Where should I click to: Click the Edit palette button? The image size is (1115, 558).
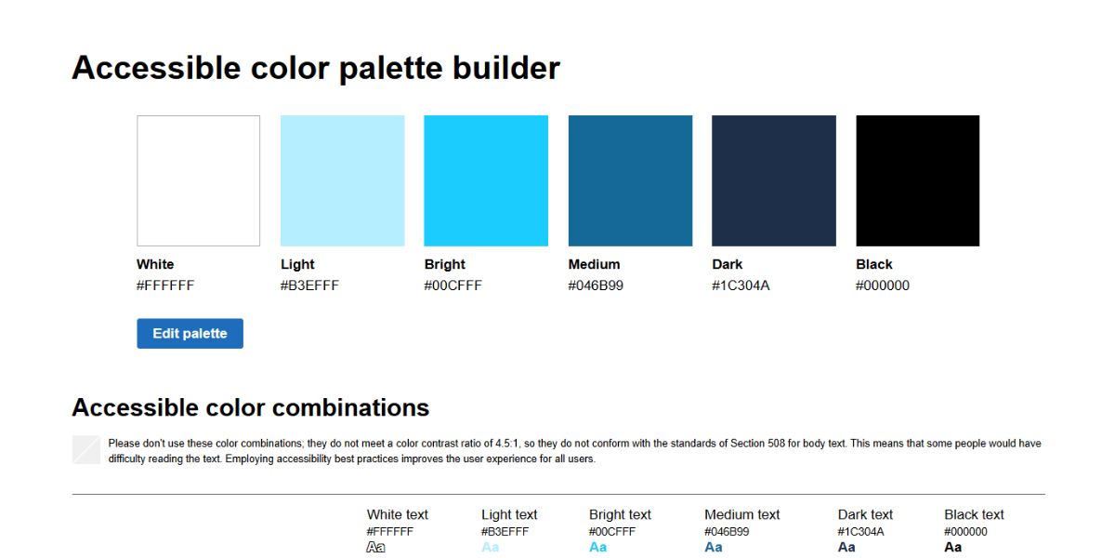(190, 334)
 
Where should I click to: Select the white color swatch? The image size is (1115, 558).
(198, 180)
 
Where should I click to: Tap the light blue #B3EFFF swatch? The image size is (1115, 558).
(342, 180)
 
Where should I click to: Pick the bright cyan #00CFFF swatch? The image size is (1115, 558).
(486, 180)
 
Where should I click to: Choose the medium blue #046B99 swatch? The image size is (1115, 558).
(630, 180)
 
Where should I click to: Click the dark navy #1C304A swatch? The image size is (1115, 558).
(773, 180)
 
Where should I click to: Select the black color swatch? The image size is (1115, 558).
(917, 180)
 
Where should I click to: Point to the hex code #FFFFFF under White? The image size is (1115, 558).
(165, 286)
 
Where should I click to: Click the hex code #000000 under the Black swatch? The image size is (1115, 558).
(883, 286)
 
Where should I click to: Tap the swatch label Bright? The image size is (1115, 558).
(444, 264)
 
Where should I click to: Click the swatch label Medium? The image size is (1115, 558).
(594, 264)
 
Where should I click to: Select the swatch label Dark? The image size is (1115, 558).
(727, 264)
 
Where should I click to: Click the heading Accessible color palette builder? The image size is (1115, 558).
(316, 68)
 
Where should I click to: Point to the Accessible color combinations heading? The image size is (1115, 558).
(250, 407)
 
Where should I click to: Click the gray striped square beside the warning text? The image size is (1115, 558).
(85, 449)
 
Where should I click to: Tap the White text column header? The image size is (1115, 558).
(398, 514)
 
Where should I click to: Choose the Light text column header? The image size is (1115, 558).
(509, 514)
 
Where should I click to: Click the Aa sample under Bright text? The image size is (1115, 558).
(598, 548)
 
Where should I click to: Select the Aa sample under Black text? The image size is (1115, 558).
(953, 548)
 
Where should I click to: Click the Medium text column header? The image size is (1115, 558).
(742, 514)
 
